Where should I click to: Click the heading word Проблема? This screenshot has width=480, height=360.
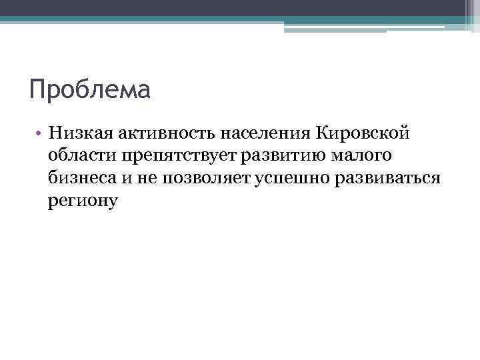click(x=90, y=89)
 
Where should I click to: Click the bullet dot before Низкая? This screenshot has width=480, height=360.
click(x=40, y=133)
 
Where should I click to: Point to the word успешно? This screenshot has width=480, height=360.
click(x=283, y=179)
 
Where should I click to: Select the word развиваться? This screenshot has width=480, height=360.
click(x=383, y=179)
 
